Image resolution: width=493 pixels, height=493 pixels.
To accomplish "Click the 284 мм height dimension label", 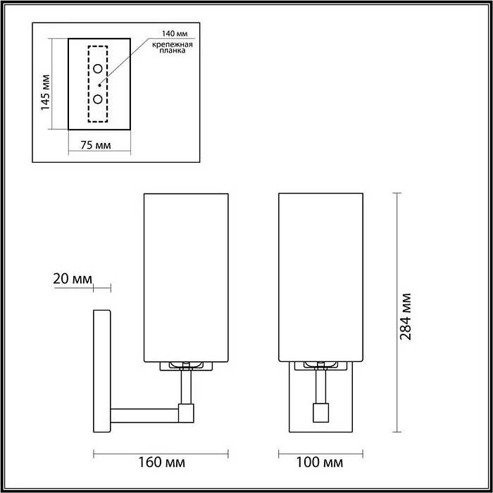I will pos(405,315).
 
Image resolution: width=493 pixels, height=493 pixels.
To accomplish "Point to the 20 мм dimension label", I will pos(73,279).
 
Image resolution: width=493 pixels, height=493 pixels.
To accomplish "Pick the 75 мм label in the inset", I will pos(94,146).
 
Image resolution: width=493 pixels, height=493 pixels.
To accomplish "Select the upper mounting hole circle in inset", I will pos(99,69).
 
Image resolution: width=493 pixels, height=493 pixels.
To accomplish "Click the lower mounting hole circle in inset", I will pos(99,99).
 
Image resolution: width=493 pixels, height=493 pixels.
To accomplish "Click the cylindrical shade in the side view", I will pos(186,275).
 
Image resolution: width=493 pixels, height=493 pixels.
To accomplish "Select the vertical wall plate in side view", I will pos(101,372).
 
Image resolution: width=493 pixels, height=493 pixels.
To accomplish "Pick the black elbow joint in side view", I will pos(186,413).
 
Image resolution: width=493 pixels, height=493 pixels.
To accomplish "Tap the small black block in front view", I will pos(319,411).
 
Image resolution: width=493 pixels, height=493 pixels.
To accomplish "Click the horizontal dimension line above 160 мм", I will pos(160,451).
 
